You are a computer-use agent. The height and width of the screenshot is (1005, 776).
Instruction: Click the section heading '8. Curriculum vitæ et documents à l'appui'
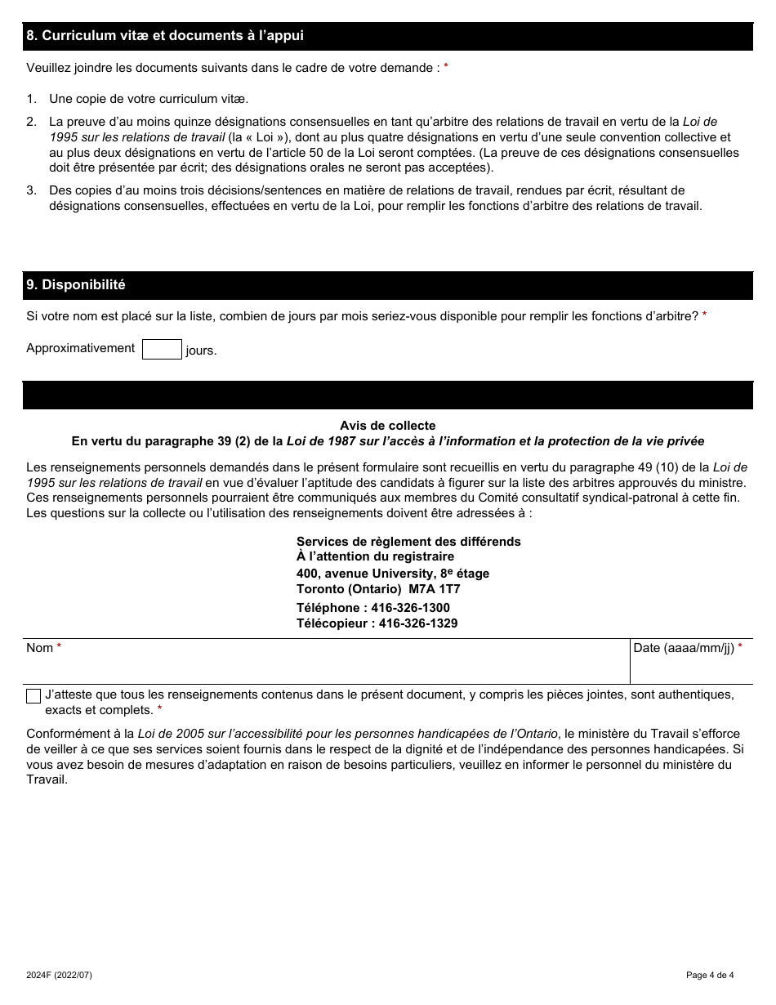[165, 36]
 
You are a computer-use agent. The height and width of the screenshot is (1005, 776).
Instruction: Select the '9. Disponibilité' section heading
[76, 285]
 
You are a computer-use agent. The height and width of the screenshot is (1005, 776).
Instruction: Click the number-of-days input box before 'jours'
[162, 350]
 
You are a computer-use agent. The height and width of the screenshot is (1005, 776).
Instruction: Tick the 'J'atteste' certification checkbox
[33, 696]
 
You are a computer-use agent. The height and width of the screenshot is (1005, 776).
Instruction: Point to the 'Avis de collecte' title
[388, 426]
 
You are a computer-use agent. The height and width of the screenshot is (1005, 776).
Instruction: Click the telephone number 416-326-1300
[410, 608]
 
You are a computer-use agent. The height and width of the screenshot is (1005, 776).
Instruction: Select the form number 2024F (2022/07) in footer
[65, 975]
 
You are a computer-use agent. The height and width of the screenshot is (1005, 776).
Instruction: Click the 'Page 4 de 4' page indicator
[710, 975]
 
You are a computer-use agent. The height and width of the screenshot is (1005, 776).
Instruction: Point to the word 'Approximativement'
[81, 348]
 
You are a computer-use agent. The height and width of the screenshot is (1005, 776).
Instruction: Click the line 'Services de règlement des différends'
[408, 542]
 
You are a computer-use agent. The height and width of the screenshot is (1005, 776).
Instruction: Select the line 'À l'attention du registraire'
[375, 556]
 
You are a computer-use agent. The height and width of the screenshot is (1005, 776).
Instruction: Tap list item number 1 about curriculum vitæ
[149, 98]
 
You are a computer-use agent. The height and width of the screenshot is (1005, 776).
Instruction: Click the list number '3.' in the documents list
[32, 190]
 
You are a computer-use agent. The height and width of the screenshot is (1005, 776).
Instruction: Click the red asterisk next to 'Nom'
[59, 647]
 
